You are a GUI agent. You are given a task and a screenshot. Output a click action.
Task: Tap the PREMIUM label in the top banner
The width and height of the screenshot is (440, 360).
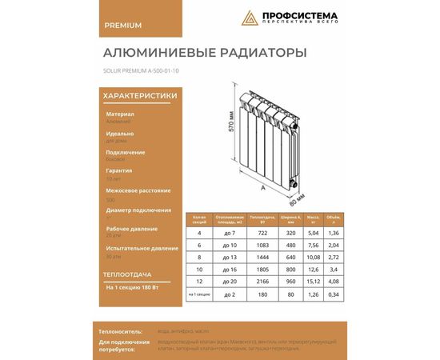pyautogui.click(x=123, y=25)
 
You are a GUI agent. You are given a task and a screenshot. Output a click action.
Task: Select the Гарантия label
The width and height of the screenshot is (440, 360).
pyautogui.click(x=119, y=171)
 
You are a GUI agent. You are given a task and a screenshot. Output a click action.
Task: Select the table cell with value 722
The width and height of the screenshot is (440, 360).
pyautogui.click(x=262, y=233)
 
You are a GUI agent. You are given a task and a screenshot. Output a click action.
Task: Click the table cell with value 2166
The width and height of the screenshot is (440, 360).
pyautogui.click(x=262, y=281)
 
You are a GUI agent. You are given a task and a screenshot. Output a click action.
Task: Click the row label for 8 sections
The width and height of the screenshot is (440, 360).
pyautogui.click(x=198, y=257)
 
